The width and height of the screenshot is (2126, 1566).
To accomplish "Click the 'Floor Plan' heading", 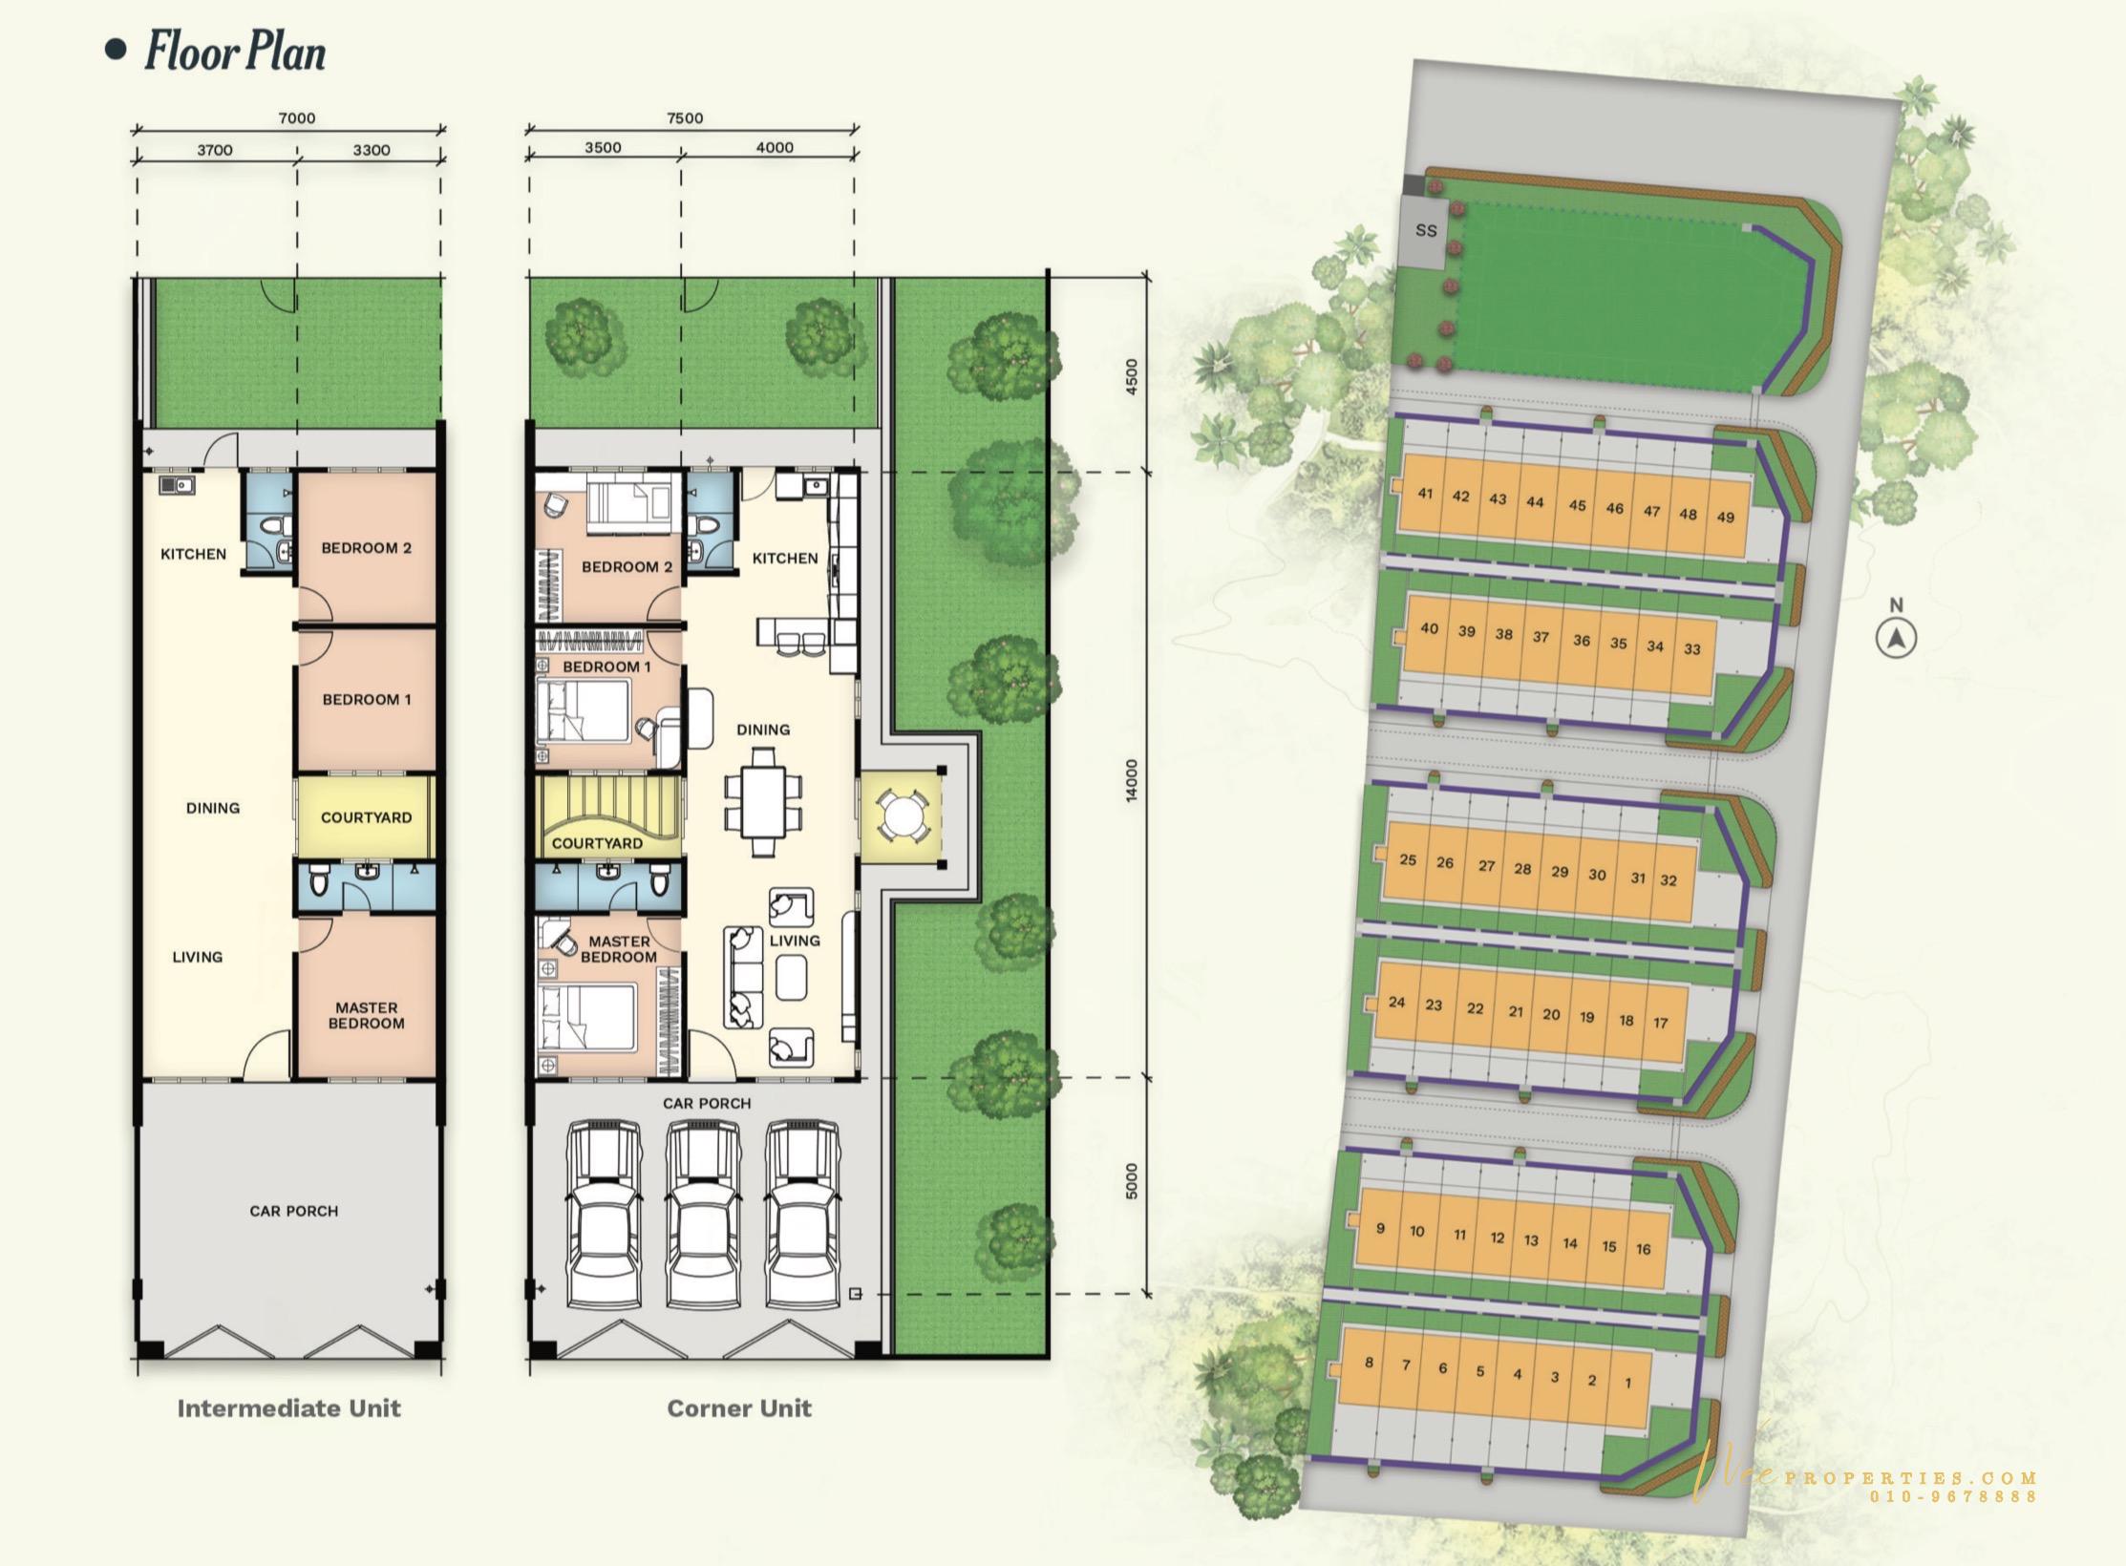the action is point(235,52).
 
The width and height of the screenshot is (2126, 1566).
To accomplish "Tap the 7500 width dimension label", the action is point(685,118).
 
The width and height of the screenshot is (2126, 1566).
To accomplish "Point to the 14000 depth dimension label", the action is point(1132,780).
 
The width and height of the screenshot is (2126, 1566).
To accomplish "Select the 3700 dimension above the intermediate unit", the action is point(215,150).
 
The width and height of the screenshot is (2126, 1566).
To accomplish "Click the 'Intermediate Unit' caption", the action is point(288,1408).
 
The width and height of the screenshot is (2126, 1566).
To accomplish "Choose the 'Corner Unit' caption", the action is point(739,1408).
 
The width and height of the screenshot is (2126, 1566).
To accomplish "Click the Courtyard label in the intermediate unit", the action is point(366,817).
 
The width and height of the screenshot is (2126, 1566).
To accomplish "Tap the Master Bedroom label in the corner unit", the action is point(619,949).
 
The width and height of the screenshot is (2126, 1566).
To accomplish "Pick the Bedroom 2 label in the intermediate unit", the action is point(366,548).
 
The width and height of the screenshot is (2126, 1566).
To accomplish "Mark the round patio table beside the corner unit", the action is point(902,816).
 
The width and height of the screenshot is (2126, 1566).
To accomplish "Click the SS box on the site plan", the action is point(1425,231).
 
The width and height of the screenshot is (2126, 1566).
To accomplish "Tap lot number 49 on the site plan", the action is point(1725,518).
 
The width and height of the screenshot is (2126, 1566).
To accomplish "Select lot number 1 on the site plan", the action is point(1627,1383).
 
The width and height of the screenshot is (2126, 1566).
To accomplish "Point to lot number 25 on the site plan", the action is point(1408,859).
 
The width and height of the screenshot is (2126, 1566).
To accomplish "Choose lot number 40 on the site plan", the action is point(1429,628).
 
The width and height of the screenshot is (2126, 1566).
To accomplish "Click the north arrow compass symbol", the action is point(1897,638).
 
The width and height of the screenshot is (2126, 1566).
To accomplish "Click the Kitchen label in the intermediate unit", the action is point(193,554).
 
